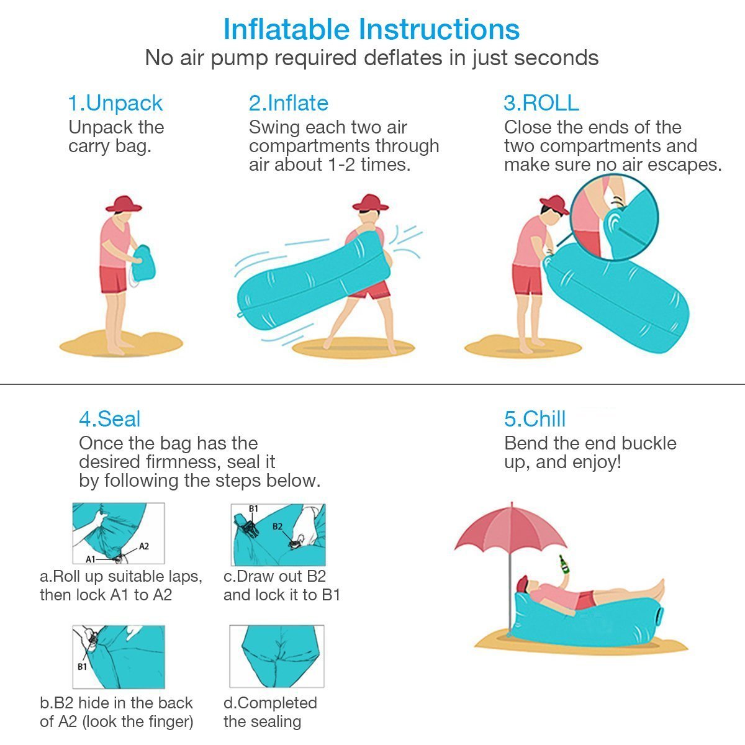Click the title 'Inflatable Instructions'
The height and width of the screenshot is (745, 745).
click(x=371, y=29)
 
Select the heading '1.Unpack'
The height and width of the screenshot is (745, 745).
click(x=115, y=103)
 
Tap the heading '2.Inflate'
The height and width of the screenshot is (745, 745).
click(x=289, y=103)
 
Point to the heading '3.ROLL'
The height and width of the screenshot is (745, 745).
click(x=541, y=103)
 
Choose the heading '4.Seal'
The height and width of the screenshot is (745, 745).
click(x=110, y=419)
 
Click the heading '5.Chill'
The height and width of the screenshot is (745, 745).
click(x=535, y=419)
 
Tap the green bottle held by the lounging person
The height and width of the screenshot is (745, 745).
click(x=564, y=564)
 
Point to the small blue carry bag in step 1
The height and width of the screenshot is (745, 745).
click(x=145, y=263)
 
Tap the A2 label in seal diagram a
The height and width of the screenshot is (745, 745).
click(x=143, y=546)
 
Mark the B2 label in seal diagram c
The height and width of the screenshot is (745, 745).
click(x=278, y=526)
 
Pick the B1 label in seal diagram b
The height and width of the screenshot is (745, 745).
click(x=82, y=667)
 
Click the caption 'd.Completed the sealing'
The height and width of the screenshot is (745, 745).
click(x=270, y=712)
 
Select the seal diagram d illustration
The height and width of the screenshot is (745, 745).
click(x=277, y=656)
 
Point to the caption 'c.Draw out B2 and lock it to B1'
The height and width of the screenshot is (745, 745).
click(x=281, y=585)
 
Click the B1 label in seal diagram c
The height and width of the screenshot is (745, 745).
click(x=253, y=509)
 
